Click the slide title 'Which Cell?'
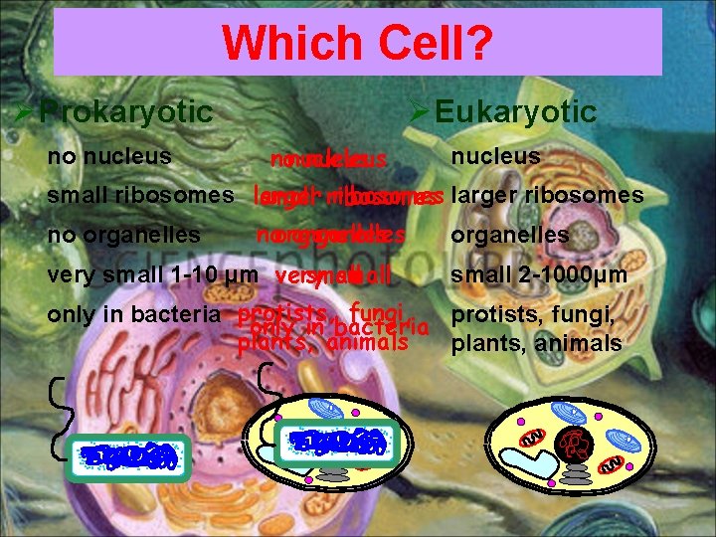click(x=357, y=43)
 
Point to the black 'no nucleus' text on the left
click(x=109, y=156)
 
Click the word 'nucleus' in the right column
click(x=495, y=156)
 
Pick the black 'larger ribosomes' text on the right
click(x=547, y=196)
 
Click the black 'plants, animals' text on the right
click(x=536, y=344)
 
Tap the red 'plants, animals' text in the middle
click(x=323, y=344)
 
